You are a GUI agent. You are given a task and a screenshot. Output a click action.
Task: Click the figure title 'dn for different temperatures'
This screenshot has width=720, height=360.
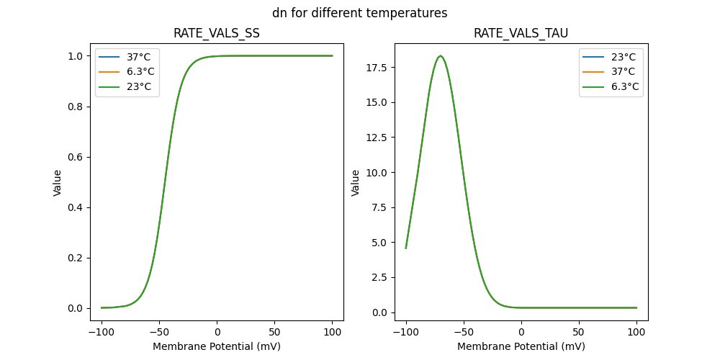359,13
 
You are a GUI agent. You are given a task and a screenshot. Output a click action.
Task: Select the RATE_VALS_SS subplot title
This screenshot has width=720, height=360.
217,34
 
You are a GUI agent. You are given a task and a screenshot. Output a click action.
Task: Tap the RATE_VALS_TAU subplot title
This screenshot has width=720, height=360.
521,34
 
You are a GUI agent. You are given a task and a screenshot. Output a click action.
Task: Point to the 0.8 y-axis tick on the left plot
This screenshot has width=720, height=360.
76,107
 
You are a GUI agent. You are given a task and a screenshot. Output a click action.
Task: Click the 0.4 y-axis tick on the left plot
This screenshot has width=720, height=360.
76,207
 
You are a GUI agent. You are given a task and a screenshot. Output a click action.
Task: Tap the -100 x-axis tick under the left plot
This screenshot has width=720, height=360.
102,333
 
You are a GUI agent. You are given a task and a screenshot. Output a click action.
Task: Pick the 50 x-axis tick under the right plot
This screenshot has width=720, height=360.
579,333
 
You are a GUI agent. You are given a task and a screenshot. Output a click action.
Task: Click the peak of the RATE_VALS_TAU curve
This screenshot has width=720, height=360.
440,56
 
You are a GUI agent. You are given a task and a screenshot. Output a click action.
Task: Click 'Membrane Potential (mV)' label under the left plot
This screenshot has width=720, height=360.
217,346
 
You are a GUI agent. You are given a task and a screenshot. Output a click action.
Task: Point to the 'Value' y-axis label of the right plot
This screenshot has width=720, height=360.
355,183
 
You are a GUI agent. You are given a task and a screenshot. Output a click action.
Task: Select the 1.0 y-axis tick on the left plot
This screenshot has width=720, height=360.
76,56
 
